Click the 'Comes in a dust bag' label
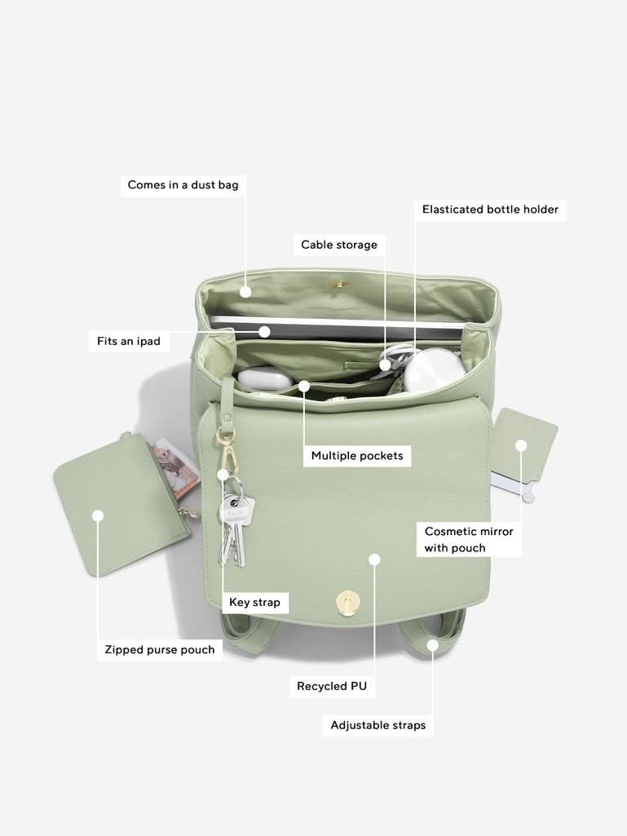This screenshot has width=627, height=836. (x=183, y=185)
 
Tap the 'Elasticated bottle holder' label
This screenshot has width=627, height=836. (x=490, y=209)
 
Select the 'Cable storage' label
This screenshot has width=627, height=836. (x=339, y=245)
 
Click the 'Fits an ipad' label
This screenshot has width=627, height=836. (x=129, y=341)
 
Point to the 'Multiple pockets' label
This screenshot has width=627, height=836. (x=357, y=456)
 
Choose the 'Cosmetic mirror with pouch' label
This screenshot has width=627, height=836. (x=469, y=540)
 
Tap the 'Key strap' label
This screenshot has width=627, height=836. (x=254, y=603)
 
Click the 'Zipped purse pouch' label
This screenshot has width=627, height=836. (x=160, y=649)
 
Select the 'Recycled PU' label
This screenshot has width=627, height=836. (x=332, y=686)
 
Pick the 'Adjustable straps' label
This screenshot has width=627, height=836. (x=378, y=725)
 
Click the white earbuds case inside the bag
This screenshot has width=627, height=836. (x=265, y=378)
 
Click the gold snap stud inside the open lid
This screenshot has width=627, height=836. (x=338, y=285)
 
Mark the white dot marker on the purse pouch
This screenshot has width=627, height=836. (x=98, y=515)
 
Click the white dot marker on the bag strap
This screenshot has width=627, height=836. (x=432, y=645)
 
